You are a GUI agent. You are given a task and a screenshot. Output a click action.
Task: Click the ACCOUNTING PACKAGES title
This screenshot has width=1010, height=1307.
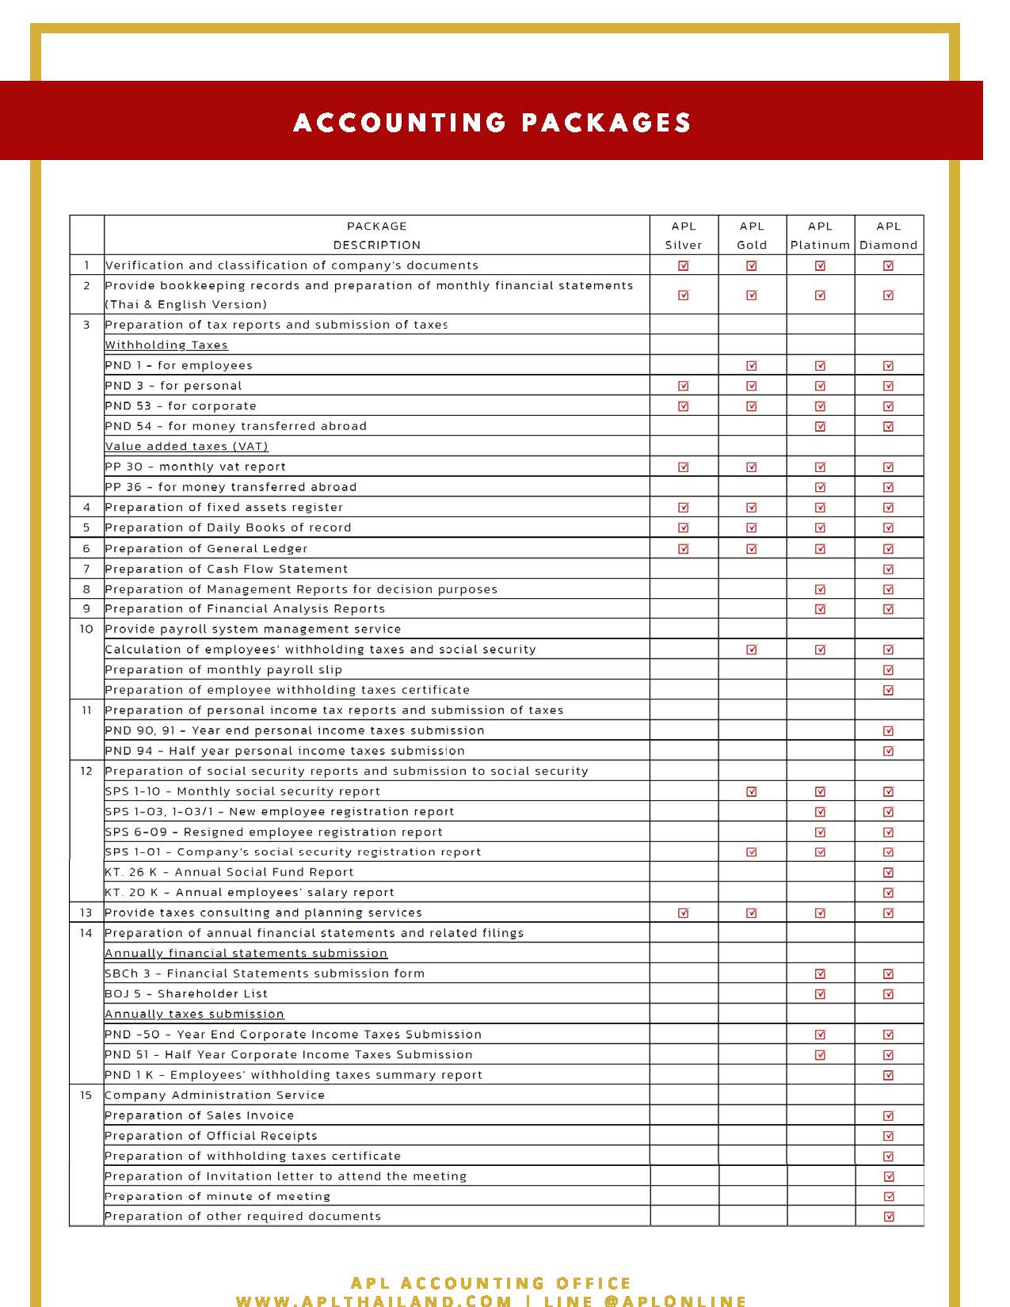(491, 122)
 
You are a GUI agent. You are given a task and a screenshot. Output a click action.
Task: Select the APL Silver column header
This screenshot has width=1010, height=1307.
(684, 235)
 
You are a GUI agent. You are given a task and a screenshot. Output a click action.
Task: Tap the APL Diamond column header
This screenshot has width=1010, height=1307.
(888, 235)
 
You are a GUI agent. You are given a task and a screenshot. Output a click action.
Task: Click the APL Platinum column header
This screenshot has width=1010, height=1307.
(820, 235)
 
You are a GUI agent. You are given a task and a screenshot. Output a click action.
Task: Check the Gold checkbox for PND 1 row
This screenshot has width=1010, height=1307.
(752, 366)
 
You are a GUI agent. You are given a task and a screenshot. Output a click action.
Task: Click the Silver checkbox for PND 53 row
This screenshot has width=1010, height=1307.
(684, 406)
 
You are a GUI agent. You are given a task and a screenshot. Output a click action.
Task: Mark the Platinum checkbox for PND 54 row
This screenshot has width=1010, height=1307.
(820, 426)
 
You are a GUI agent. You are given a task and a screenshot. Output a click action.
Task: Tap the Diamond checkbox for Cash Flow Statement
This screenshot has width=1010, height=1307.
(888, 569)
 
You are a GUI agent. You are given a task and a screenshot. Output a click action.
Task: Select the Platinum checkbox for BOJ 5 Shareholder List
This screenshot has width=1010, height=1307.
(820, 994)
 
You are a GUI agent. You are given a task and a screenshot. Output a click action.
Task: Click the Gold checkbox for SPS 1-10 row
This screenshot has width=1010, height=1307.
(752, 791)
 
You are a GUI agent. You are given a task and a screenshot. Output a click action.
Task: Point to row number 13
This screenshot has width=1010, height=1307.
(86, 913)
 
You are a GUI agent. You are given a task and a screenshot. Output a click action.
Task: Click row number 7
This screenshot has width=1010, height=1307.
(86, 569)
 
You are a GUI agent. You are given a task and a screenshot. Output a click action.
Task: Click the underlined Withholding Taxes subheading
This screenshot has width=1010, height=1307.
(166, 345)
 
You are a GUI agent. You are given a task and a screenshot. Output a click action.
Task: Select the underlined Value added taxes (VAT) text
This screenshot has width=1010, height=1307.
(186, 447)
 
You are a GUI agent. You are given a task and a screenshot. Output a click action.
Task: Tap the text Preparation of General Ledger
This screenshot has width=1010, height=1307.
(206, 548)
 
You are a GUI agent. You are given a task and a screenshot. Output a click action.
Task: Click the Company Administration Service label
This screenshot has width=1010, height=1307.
(215, 1096)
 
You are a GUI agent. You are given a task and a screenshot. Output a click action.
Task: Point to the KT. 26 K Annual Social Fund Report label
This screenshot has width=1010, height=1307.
(229, 872)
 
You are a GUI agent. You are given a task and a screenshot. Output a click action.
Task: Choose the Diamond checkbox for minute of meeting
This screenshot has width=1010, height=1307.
(888, 1197)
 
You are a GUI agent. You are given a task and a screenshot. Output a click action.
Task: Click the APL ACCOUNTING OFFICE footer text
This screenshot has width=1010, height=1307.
(491, 1283)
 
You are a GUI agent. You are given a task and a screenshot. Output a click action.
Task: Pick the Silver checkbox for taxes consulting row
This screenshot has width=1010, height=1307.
(684, 913)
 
